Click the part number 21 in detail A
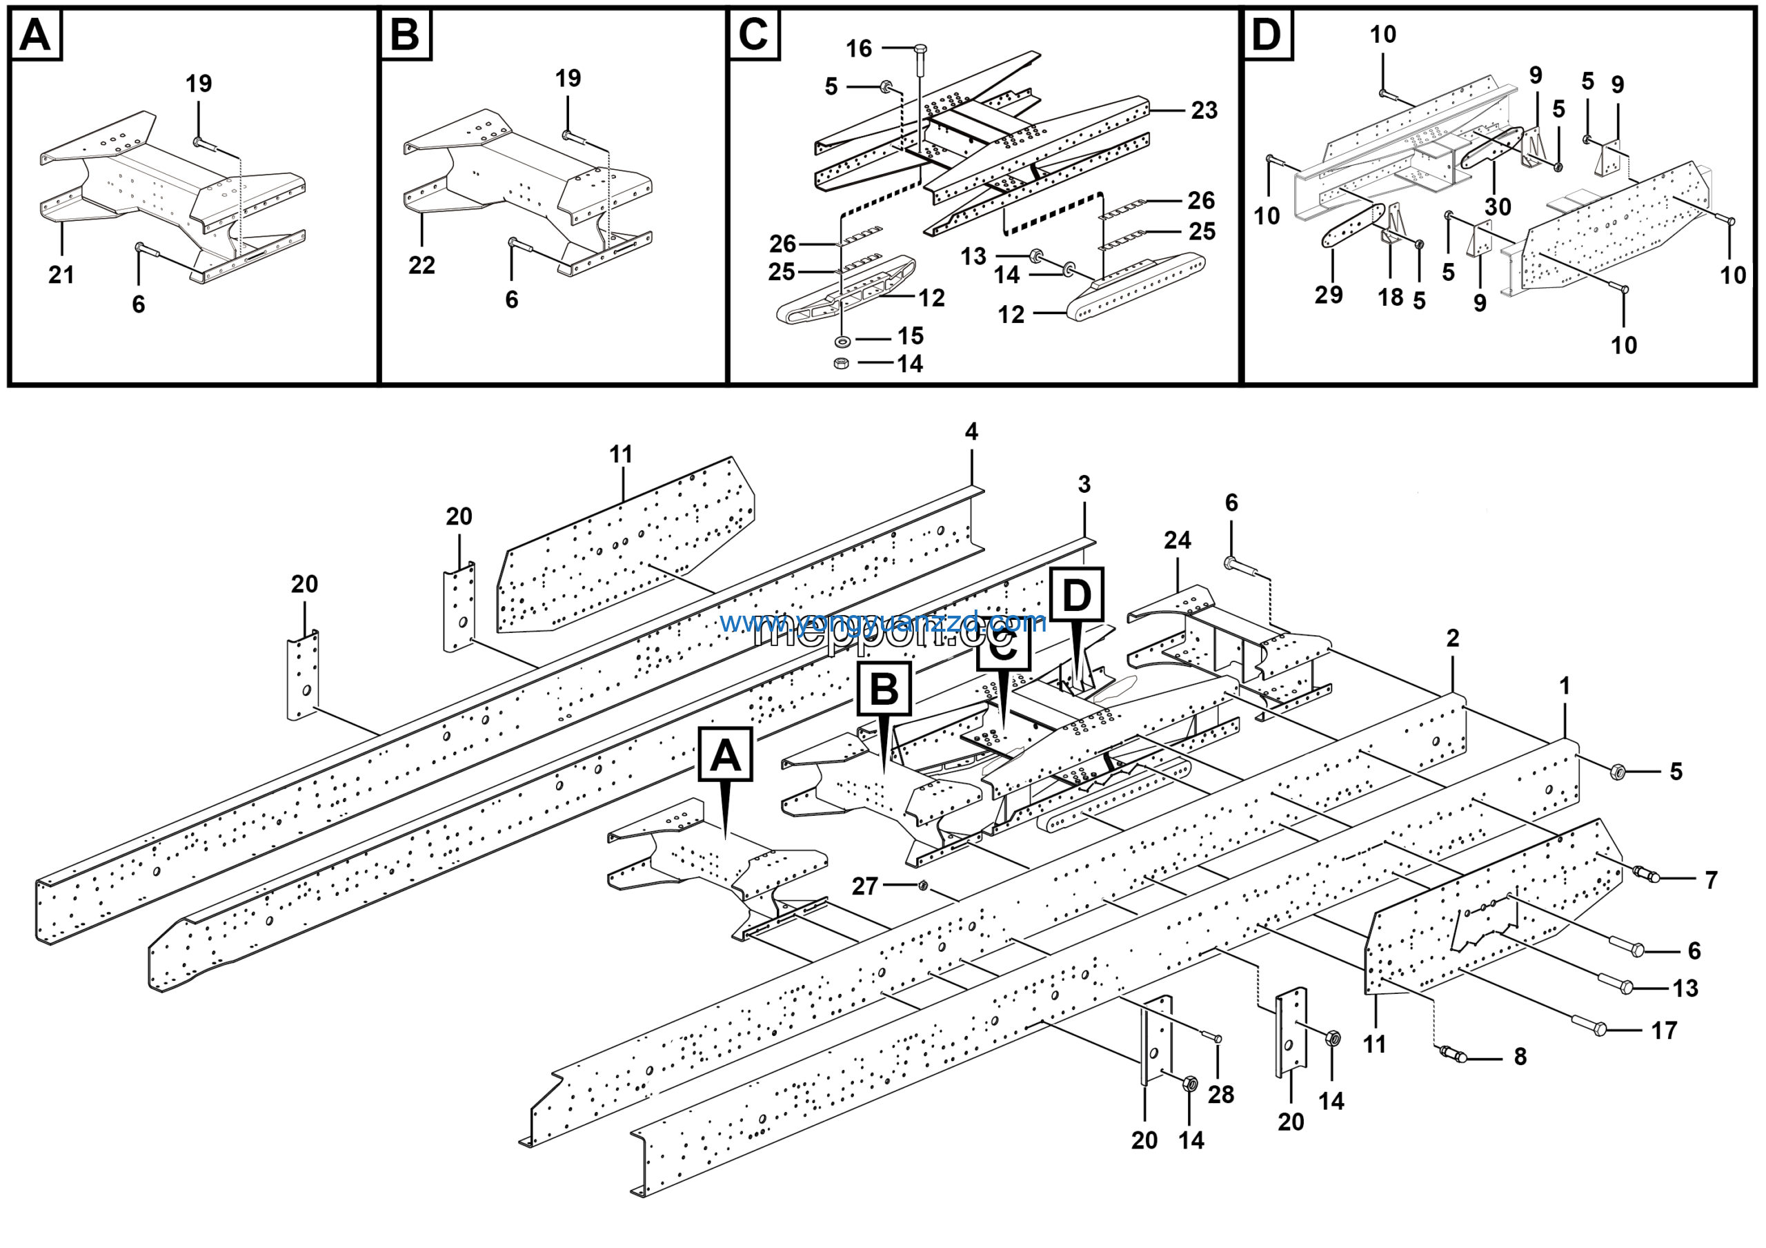click(x=61, y=275)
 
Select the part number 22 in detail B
click(x=421, y=266)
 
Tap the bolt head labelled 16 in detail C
click(x=920, y=51)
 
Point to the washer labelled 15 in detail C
click(x=843, y=340)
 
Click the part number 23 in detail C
click(x=1204, y=111)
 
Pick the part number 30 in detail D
click(x=1498, y=207)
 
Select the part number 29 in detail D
click(x=1329, y=295)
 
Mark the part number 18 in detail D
click(x=1391, y=298)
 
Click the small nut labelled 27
click(x=923, y=886)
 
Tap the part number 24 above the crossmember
click(x=1177, y=540)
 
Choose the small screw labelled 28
click(x=1217, y=1039)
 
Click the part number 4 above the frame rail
click(x=971, y=431)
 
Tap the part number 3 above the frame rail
click(x=1084, y=485)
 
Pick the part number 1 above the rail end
click(x=1565, y=685)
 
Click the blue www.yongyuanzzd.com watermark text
click(x=883, y=622)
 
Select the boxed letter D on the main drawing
click(x=1076, y=595)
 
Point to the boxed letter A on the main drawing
click(x=725, y=754)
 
